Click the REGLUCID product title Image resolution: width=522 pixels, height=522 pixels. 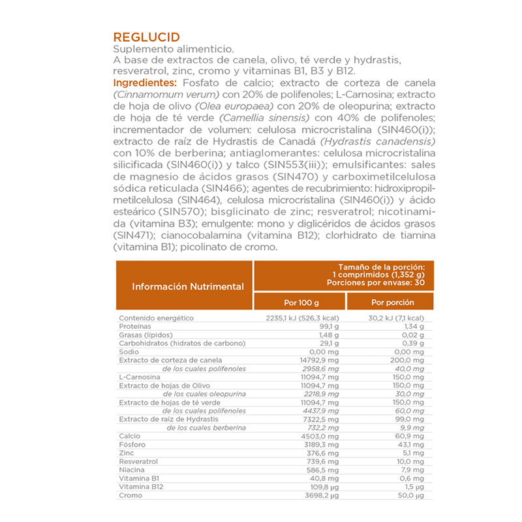click(146, 37)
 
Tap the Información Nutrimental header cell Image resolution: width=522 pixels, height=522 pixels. click(188, 286)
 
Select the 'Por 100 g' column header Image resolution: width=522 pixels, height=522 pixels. click(300, 302)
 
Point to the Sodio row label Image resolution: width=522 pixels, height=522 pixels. click(129, 351)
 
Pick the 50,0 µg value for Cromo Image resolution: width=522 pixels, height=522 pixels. click(410, 496)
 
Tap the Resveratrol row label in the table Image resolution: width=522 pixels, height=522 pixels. click(138, 461)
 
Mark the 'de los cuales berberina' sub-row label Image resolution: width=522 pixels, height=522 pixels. click(206, 427)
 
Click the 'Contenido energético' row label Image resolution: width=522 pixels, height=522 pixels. click(157, 318)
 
